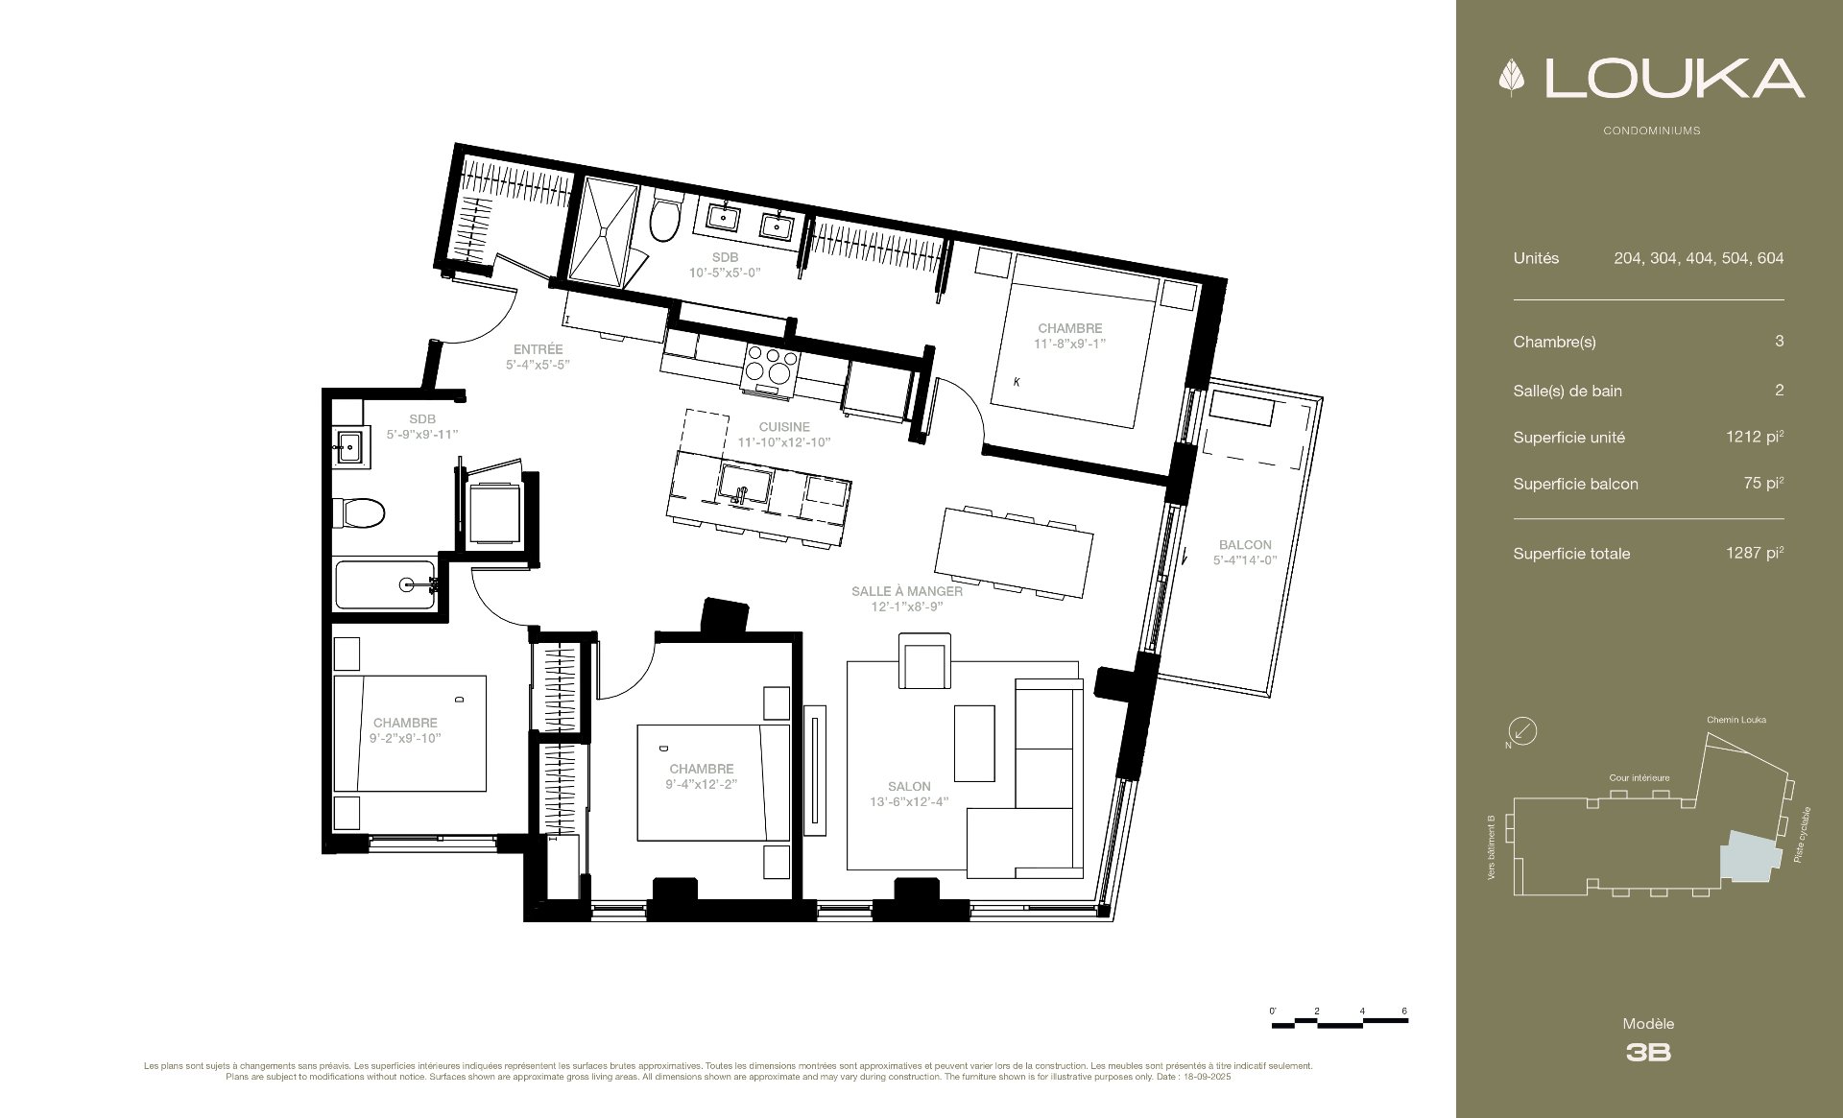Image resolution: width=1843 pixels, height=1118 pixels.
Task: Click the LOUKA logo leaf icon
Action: coord(1512,79)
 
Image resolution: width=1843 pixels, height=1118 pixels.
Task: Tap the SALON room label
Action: coord(909,787)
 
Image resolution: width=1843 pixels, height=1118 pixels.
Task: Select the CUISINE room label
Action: coord(784,427)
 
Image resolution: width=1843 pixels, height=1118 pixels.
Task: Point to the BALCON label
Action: coord(1245,545)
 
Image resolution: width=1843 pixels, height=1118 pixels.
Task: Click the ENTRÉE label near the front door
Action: coord(538,349)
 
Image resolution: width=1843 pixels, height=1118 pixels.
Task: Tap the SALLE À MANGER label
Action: coord(907,591)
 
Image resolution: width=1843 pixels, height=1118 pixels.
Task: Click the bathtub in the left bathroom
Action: coord(386,584)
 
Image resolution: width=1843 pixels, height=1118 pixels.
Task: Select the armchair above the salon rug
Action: coord(924,661)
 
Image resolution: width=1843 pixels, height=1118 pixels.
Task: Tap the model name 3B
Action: coord(1648,1053)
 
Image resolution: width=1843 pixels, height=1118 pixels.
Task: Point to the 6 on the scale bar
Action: coord(1404,1011)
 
